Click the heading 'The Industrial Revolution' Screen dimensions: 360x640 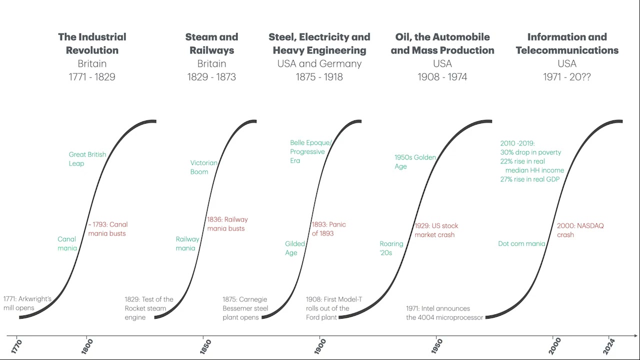(x=92, y=43)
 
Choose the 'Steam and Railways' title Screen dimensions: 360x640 (x=211, y=43)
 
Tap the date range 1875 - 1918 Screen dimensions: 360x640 (x=319, y=77)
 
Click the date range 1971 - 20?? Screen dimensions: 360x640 (x=567, y=77)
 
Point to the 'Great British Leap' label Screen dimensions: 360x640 (x=87, y=159)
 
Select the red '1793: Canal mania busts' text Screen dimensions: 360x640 (x=107, y=229)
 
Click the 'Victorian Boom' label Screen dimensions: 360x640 (x=203, y=167)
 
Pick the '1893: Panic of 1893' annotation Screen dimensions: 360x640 (x=328, y=229)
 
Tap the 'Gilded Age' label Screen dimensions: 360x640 (x=294, y=248)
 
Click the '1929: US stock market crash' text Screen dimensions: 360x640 (x=436, y=230)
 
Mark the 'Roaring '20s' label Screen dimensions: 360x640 (x=391, y=248)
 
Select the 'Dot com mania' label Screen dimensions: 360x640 (x=521, y=243)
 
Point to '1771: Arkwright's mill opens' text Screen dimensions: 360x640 (x=27, y=303)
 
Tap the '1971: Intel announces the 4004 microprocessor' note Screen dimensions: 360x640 (x=444, y=313)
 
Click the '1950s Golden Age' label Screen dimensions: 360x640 (x=415, y=162)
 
